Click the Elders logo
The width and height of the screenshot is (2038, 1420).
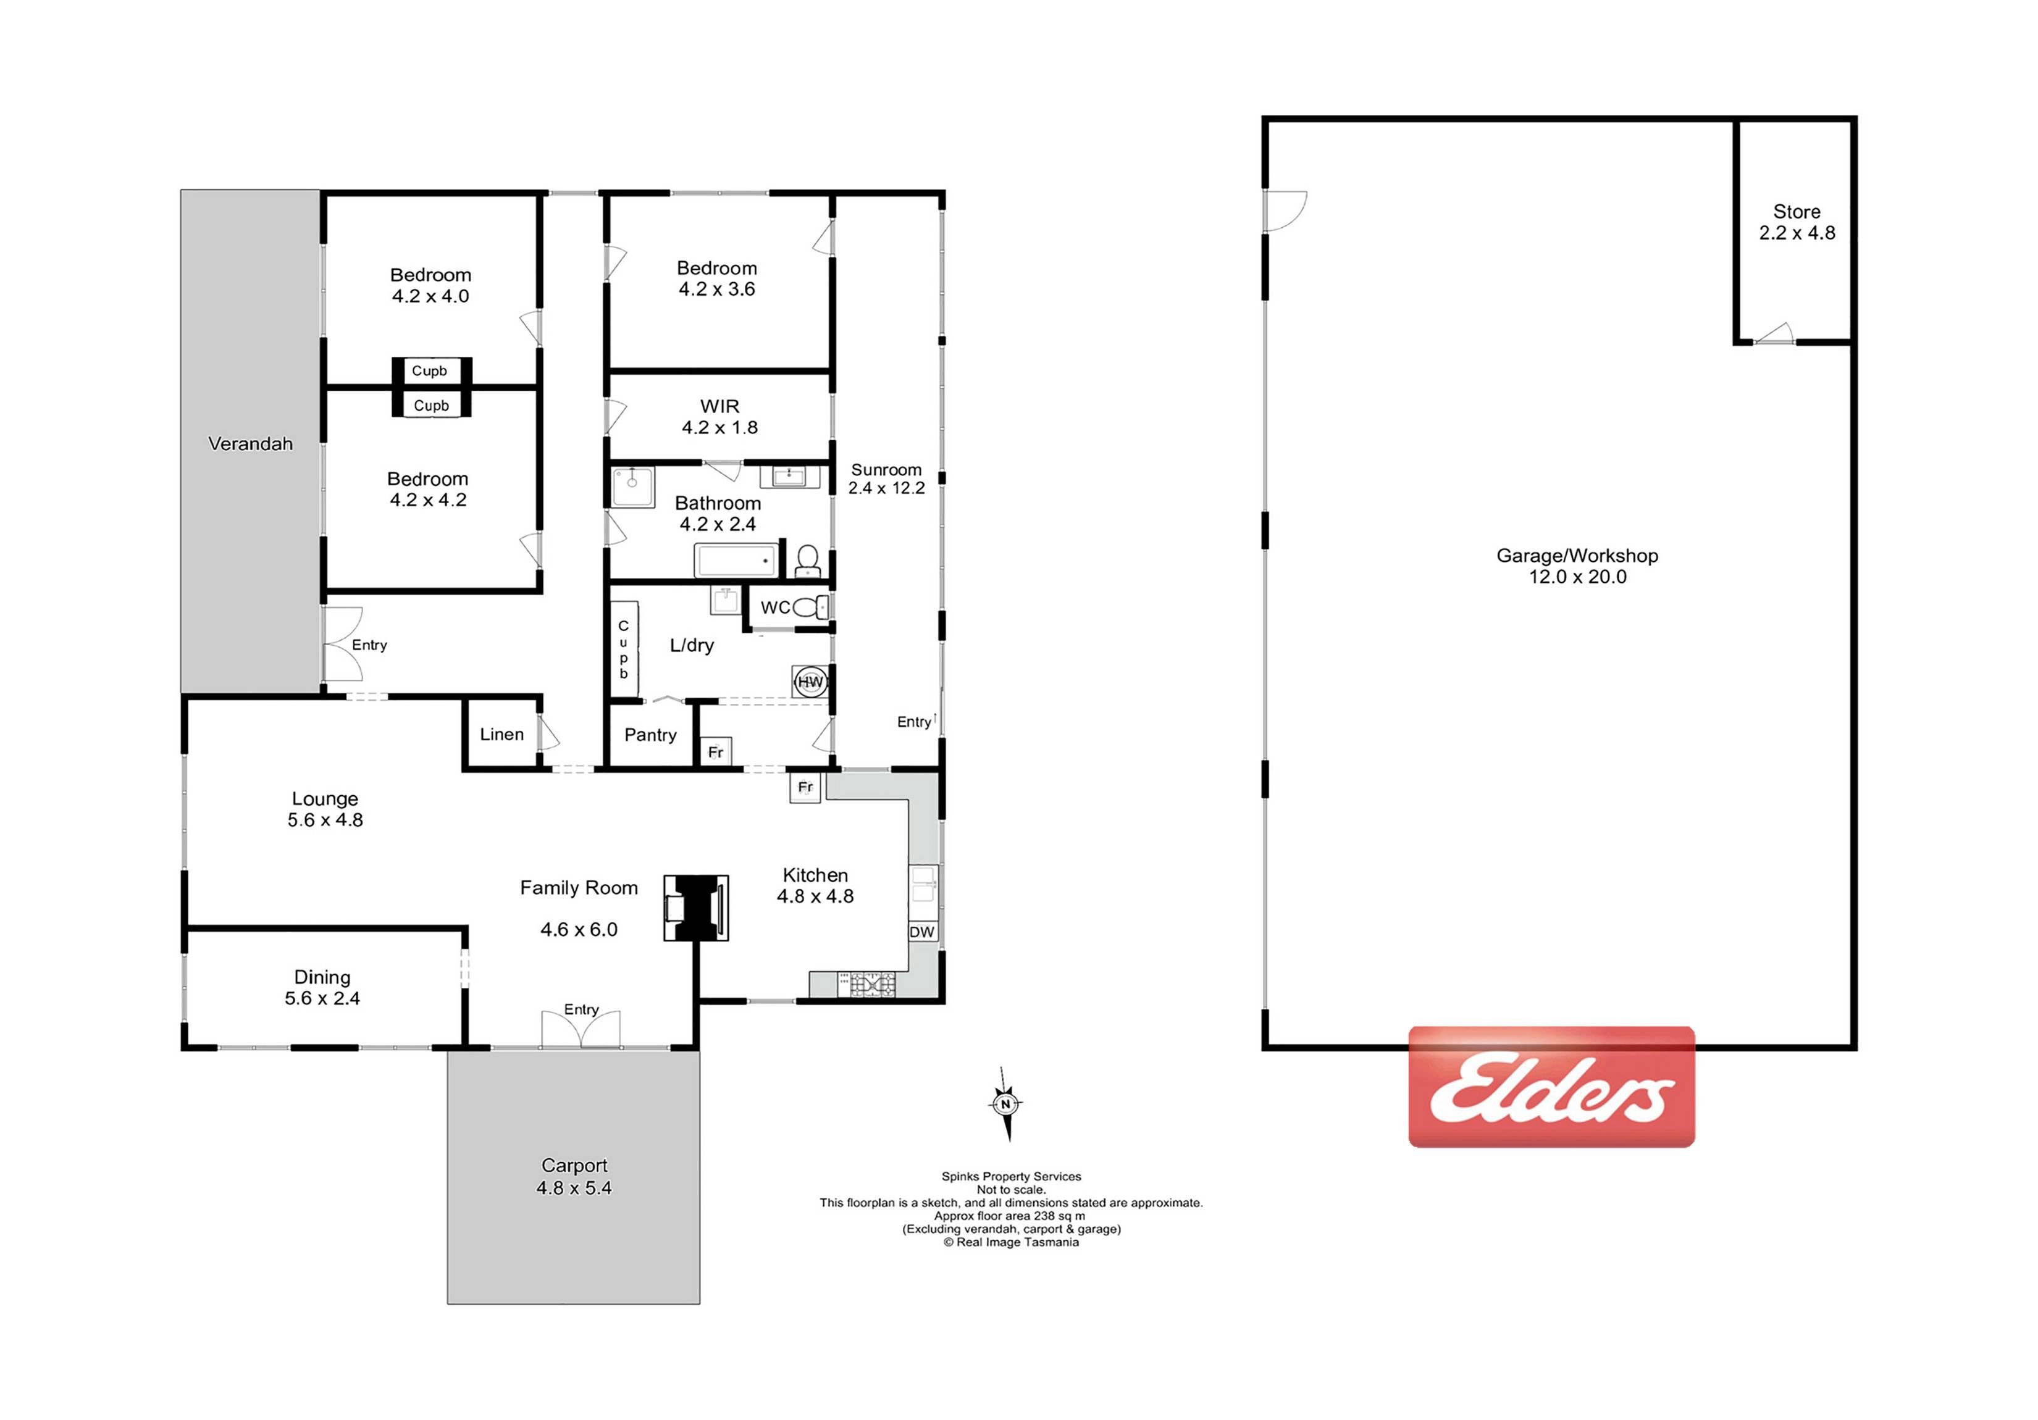click(1551, 1087)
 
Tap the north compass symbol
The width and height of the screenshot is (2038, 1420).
click(1005, 1104)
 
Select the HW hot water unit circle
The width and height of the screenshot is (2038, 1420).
click(810, 682)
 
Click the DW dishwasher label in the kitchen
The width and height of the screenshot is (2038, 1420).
click(922, 932)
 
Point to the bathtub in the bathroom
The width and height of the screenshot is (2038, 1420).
click(737, 561)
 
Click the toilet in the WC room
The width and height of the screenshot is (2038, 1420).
click(810, 607)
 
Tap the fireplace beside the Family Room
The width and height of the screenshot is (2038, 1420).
click(697, 907)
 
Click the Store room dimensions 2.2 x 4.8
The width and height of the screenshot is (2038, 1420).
click(1797, 233)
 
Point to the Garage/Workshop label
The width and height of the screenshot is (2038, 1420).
click(1577, 556)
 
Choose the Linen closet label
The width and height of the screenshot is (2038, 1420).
click(501, 734)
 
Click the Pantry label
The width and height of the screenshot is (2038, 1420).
click(651, 735)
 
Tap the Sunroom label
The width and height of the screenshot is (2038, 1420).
click(887, 469)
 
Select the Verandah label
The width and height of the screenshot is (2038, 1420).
click(250, 444)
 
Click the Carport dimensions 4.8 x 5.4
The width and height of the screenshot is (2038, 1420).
click(574, 1187)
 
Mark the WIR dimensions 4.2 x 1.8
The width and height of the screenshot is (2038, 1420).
click(720, 427)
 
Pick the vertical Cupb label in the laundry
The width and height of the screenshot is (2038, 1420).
click(624, 649)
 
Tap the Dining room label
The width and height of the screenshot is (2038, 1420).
click(322, 977)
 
